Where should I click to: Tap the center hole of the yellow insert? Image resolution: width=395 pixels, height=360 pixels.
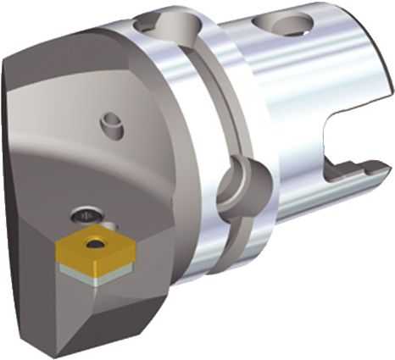click(96, 245)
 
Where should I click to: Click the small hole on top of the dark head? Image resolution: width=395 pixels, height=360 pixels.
click(109, 125)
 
